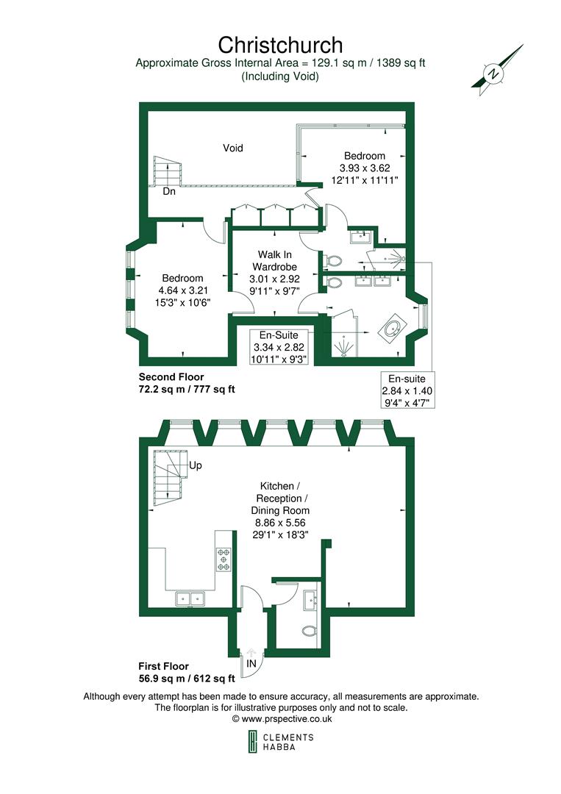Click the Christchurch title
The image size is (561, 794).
280,46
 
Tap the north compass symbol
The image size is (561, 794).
496,74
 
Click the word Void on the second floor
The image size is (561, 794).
233,148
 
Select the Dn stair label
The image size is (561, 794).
169,191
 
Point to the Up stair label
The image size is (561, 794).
196,466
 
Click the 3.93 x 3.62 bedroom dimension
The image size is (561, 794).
365,168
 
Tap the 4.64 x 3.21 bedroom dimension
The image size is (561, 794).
182,290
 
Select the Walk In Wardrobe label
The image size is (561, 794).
273,260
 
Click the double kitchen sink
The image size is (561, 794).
190,599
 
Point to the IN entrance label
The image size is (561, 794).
251,663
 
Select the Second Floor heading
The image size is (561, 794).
171,376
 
